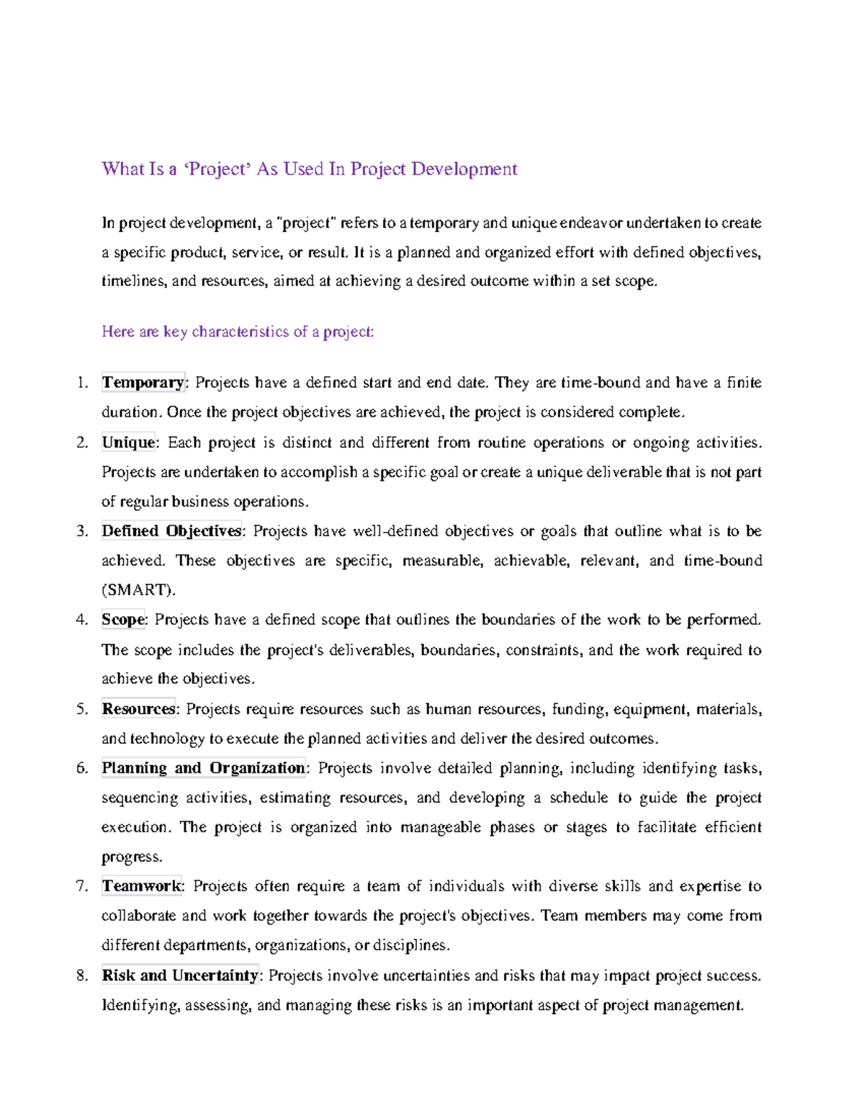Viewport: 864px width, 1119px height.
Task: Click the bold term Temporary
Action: [143, 383]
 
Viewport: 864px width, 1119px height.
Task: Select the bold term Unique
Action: [128, 442]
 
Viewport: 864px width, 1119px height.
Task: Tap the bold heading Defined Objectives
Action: [171, 531]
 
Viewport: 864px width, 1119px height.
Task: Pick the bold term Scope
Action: [123, 620]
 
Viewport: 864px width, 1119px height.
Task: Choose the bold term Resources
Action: [138, 709]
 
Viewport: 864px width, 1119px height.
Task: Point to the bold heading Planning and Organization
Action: [203, 768]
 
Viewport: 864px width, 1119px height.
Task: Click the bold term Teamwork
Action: [142, 886]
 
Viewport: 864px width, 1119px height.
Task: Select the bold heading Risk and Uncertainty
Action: [180, 976]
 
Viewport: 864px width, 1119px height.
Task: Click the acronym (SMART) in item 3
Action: [138, 590]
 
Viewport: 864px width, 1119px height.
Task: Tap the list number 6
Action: [81, 768]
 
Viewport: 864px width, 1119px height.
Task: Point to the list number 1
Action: [81, 383]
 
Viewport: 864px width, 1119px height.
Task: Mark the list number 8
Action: [81, 976]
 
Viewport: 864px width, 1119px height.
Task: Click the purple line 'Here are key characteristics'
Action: [238, 332]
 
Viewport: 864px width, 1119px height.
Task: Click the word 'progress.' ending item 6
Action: [132, 857]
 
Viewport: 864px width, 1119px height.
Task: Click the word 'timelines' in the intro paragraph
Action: [133, 282]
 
